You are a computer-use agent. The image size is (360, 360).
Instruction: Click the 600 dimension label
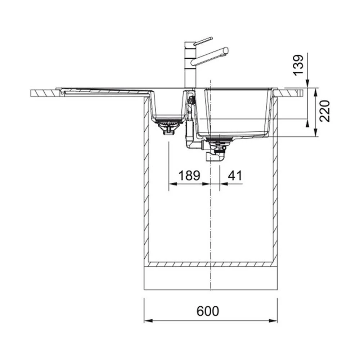point(208,311)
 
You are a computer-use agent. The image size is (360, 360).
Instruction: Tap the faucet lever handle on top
point(203,41)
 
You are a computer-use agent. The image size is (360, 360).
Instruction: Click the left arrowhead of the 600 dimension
point(147,320)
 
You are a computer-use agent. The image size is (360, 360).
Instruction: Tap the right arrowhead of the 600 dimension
point(275,320)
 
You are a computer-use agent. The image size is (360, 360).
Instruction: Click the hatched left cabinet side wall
point(146,180)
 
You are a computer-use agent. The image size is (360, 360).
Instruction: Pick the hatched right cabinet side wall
point(275,180)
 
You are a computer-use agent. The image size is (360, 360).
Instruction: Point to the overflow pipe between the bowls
point(190,133)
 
